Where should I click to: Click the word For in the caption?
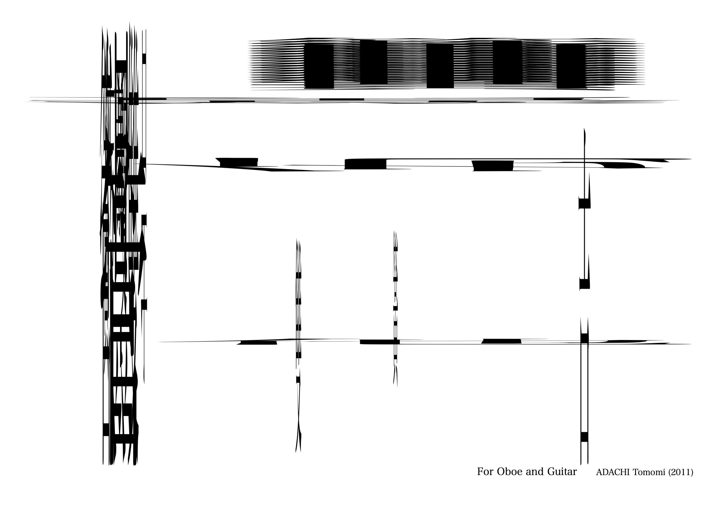point(485,471)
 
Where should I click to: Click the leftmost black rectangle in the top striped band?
point(319,66)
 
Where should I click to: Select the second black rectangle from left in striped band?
point(374,62)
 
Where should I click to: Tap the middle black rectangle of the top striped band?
point(440,65)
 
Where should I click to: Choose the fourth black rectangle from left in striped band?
point(507,62)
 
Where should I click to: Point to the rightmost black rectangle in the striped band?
point(571,66)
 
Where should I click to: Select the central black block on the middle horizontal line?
point(366,164)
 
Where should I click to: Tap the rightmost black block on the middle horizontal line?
point(493,166)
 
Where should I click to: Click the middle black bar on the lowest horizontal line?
point(380,342)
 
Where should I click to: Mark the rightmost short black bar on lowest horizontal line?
point(501,341)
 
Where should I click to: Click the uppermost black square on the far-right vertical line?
point(584,203)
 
